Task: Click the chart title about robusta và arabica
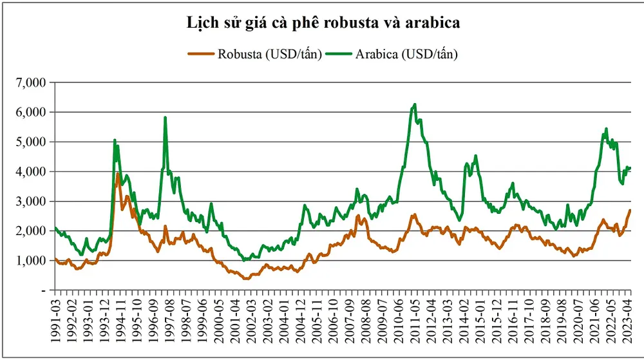coord(322,24)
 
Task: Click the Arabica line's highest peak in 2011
coord(415,104)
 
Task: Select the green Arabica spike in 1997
coord(166,117)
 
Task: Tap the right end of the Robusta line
coord(630,210)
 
